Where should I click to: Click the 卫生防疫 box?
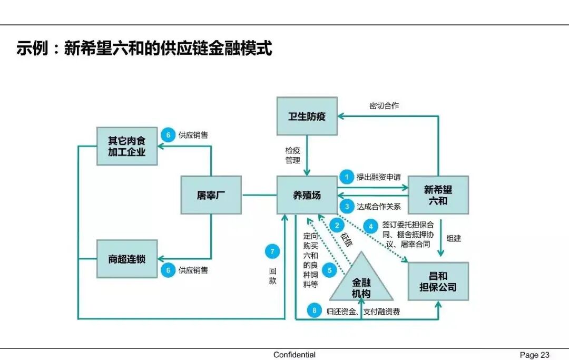click(307, 116)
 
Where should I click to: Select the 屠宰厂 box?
click(211, 195)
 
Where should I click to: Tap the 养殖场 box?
click(307, 195)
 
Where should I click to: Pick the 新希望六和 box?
click(438, 195)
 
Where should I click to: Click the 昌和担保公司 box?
click(438, 281)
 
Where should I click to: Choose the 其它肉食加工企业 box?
click(126, 147)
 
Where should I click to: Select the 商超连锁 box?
click(126, 259)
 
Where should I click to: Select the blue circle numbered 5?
click(329, 271)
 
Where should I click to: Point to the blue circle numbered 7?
click(272, 251)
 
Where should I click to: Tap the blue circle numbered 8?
click(315, 311)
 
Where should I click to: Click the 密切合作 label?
click(384, 106)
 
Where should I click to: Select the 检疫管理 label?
click(293, 155)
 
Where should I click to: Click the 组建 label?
click(454, 238)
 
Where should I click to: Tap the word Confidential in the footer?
click(295, 355)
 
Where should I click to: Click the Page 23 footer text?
click(534, 355)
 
